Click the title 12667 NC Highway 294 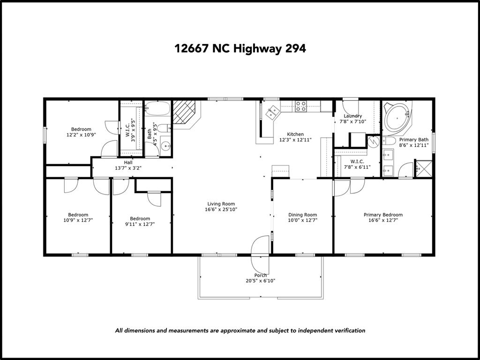[x=240, y=48]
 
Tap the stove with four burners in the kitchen [x=300, y=106]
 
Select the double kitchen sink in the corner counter [x=272, y=112]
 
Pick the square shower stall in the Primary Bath [x=423, y=169]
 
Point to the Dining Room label [x=302, y=215]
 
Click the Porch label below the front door [x=260, y=275]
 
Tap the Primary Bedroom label [x=383, y=215]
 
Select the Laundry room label [x=352, y=116]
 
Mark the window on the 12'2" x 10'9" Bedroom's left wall [x=45, y=134]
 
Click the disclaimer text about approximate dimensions [x=240, y=330]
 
